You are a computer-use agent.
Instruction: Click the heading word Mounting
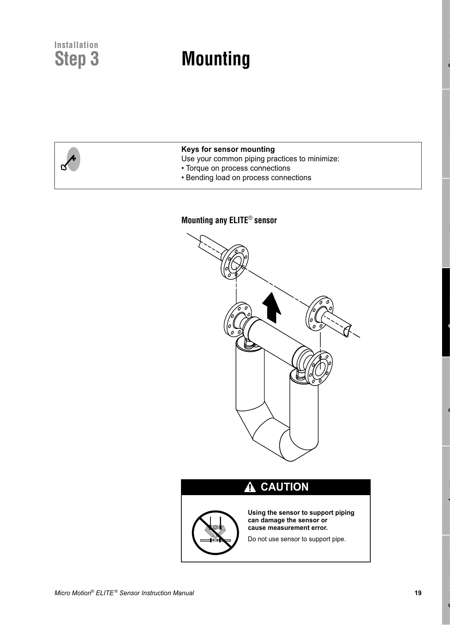click(216, 59)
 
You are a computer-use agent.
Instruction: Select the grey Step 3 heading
click(77, 59)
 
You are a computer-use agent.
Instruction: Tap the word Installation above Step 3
click(76, 45)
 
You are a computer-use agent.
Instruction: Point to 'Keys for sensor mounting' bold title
click(228, 149)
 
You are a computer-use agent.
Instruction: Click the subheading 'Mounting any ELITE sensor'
click(229, 220)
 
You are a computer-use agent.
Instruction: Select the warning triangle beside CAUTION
click(250, 488)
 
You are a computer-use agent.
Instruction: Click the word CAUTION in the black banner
click(285, 487)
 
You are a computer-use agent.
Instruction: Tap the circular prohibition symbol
click(215, 532)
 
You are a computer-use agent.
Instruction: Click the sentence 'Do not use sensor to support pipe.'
click(297, 539)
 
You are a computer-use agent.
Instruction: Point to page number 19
click(418, 593)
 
